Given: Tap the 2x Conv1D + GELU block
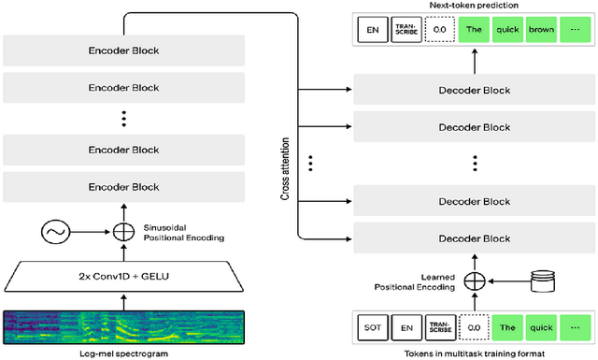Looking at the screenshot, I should tap(123, 277).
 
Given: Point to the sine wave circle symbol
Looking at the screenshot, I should tap(57, 230).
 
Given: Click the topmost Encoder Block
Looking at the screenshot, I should tap(123, 50).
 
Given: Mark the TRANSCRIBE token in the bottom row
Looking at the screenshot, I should tap(439, 329).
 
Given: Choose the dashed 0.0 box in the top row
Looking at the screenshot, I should tap(439, 28).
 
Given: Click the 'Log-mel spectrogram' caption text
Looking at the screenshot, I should tap(123, 354).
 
